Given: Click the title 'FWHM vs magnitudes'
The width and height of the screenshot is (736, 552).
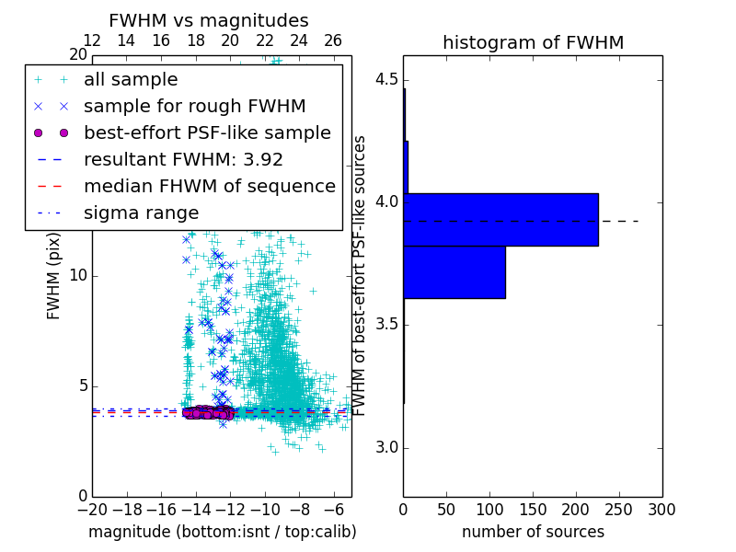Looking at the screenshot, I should [208, 20].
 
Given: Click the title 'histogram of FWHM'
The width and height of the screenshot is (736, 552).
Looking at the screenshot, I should [533, 42].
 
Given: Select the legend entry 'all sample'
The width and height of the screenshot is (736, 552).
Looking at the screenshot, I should [131, 80].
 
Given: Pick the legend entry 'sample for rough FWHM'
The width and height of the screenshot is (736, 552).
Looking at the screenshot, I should [194, 106].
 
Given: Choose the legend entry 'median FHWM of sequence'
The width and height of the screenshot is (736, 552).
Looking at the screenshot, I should [209, 186].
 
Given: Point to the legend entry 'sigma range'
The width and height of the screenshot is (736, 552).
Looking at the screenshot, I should [141, 213].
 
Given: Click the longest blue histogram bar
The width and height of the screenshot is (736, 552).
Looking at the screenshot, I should [500, 219].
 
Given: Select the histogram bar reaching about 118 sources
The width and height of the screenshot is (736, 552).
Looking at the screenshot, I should [454, 272].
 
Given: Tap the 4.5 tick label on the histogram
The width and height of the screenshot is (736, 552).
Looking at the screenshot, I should [385, 79].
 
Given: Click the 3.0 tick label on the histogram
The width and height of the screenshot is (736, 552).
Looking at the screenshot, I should [385, 448].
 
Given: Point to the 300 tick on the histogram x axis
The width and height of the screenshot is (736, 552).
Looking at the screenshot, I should [661, 508].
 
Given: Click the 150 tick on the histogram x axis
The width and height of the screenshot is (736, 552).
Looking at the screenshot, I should [533, 508].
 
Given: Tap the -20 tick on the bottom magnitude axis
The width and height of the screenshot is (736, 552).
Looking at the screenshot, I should [92, 508].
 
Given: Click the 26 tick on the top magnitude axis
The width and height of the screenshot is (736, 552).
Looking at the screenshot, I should [333, 40].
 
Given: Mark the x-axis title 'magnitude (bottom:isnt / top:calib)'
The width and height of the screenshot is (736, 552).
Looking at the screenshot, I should [222, 532].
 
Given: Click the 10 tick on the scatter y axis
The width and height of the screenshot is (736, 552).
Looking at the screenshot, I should [77, 276].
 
